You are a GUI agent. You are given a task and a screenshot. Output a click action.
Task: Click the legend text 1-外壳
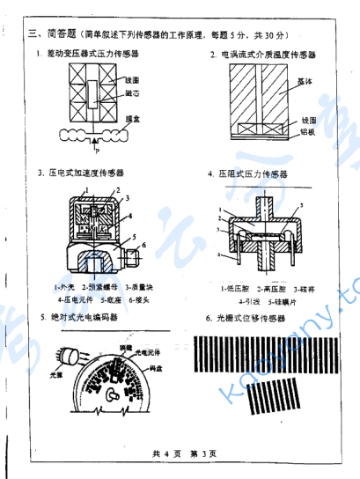[x=64, y=286]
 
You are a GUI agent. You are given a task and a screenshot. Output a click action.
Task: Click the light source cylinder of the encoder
[x=69, y=355]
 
